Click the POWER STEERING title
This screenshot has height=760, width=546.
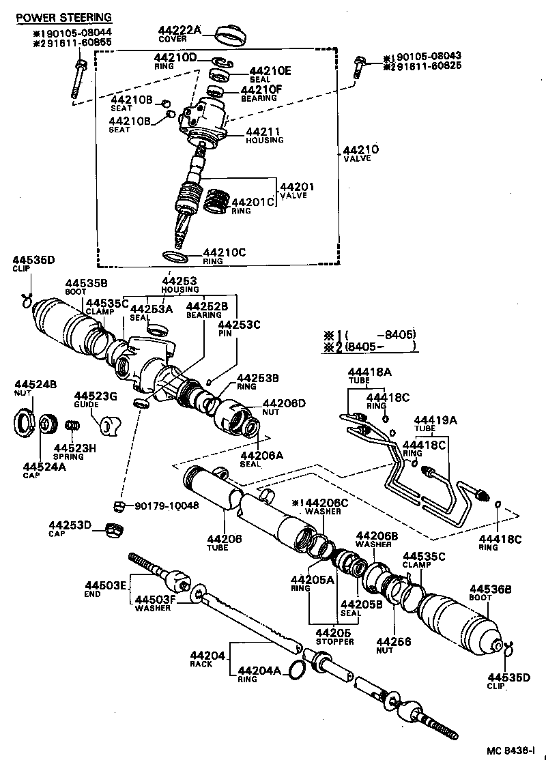(64, 17)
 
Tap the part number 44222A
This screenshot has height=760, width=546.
(179, 30)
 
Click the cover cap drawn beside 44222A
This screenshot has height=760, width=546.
(231, 34)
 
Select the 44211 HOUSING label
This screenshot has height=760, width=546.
(264, 135)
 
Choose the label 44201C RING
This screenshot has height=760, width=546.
(253, 205)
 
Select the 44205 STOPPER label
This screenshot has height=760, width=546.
(334, 637)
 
